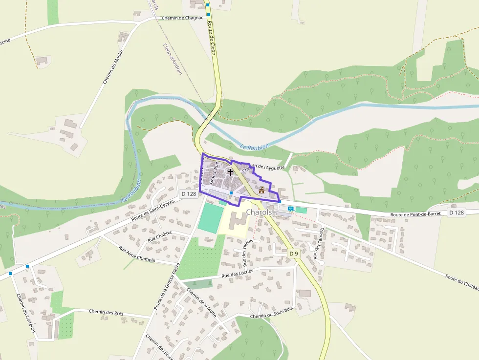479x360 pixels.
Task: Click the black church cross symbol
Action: (x=230, y=172)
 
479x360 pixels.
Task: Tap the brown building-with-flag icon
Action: (x=261, y=190)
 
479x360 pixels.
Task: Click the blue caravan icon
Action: (x=291, y=209)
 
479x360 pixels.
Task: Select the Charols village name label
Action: (x=259, y=212)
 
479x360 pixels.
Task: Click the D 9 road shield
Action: (x=293, y=254)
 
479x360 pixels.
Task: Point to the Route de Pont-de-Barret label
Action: (x=415, y=214)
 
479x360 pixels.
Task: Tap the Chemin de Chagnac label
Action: (x=182, y=18)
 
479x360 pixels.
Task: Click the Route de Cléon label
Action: (x=211, y=37)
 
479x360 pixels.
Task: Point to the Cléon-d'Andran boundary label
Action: (x=172, y=59)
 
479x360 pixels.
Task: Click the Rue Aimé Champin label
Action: (x=137, y=254)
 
